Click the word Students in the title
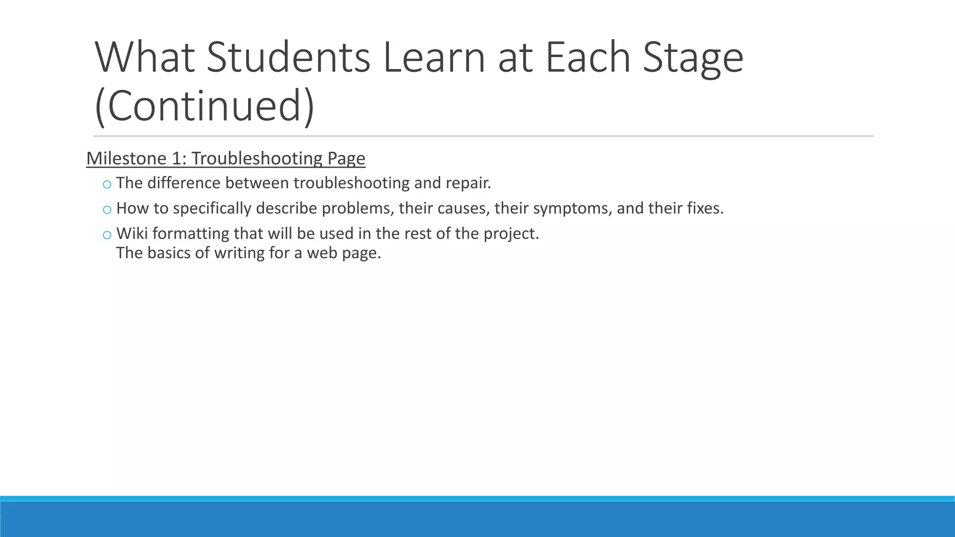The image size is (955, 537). pos(288,58)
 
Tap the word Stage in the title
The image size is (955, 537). pos(693,58)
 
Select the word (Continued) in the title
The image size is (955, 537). pos(205,106)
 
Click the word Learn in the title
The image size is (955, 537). pos(434,58)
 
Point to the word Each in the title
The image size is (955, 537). pos(588,58)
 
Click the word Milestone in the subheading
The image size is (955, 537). pos(126,158)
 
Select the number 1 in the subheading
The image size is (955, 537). pos(177,158)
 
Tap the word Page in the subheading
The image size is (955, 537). pos(346,158)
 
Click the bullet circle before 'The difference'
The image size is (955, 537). pos(107,185)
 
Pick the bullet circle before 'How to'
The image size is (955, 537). pos(107,210)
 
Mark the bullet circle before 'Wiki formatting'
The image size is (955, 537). pos(107,235)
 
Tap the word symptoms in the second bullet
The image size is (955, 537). pos(571,208)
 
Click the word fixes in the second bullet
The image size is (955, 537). pos(704,208)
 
